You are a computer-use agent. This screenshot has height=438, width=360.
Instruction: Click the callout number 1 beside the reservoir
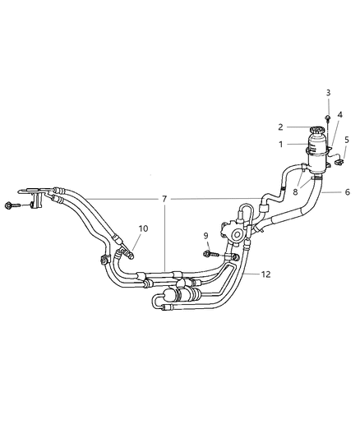281,145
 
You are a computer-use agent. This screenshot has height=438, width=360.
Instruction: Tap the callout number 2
281,127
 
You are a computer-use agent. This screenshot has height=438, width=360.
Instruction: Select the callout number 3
328,93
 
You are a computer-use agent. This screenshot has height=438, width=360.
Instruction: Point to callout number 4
339,115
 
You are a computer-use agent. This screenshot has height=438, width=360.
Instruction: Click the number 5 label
347,140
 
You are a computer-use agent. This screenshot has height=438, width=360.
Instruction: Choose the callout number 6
347,191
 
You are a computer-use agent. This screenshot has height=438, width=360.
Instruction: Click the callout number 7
164,200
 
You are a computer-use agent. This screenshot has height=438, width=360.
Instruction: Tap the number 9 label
205,237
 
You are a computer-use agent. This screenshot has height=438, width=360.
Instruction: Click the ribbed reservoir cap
316,129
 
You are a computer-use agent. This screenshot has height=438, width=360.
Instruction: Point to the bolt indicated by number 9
210,250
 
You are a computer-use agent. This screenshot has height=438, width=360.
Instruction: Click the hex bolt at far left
11,205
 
